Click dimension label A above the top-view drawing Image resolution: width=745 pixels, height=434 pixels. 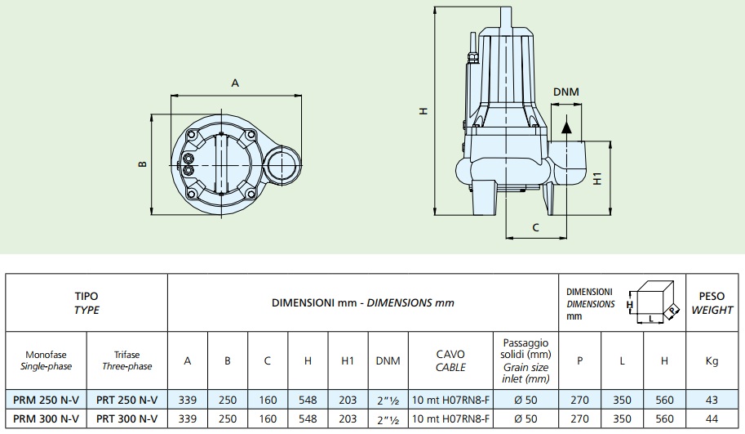[x=235, y=83]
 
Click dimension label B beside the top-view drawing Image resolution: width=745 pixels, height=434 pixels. [x=142, y=164]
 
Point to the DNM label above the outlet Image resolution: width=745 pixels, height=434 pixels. [x=565, y=92]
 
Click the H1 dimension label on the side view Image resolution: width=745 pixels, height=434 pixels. [x=597, y=178]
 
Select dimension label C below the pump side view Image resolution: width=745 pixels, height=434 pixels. [x=535, y=227]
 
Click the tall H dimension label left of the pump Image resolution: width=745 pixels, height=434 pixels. [x=423, y=111]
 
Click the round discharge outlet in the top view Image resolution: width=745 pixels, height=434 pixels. [x=282, y=164]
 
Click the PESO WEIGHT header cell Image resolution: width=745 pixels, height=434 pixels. [x=712, y=303]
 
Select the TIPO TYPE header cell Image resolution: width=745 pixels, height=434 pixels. [x=86, y=303]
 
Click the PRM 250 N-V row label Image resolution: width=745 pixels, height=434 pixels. [x=46, y=400]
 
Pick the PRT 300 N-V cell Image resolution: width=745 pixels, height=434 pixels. [x=126, y=419]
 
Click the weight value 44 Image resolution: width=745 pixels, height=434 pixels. [x=712, y=419]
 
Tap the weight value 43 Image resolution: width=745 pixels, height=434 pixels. [x=712, y=400]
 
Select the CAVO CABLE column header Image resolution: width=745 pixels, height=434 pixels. [x=450, y=360]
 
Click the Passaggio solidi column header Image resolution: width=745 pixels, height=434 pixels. [x=525, y=360]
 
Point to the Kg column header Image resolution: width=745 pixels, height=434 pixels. [x=712, y=360]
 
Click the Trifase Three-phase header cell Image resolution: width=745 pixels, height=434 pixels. [x=126, y=360]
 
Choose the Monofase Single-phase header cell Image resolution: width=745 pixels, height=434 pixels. [x=46, y=360]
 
